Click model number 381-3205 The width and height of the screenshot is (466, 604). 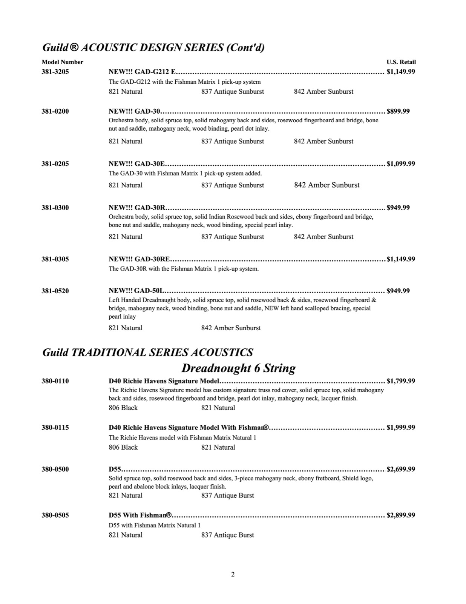(x=55, y=71)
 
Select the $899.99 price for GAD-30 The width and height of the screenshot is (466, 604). (x=398, y=111)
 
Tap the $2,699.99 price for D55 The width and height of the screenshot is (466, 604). (x=401, y=469)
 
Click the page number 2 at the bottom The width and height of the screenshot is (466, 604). (x=233, y=575)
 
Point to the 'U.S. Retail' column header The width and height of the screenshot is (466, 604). (x=401, y=62)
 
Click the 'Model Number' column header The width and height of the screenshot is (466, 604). (x=62, y=62)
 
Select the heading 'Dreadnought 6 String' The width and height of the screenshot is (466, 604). (x=238, y=368)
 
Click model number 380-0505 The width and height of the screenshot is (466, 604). (x=55, y=515)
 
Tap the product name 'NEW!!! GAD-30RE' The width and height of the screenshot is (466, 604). (x=139, y=259)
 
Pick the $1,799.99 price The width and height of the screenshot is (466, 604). (x=401, y=381)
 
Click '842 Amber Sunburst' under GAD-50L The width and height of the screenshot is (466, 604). (x=231, y=328)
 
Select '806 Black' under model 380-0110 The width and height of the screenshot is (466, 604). (x=123, y=408)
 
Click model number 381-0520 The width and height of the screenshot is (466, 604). (x=55, y=291)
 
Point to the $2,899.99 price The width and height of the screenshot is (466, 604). (x=401, y=515)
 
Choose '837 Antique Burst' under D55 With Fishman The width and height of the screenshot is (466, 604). (x=228, y=535)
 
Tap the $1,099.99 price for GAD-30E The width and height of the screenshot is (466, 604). (x=401, y=163)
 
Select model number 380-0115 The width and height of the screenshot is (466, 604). (x=55, y=427)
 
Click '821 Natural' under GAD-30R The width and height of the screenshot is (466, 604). (x=126, y=237)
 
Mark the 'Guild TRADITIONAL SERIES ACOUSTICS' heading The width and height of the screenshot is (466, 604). (x=147, y=352)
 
